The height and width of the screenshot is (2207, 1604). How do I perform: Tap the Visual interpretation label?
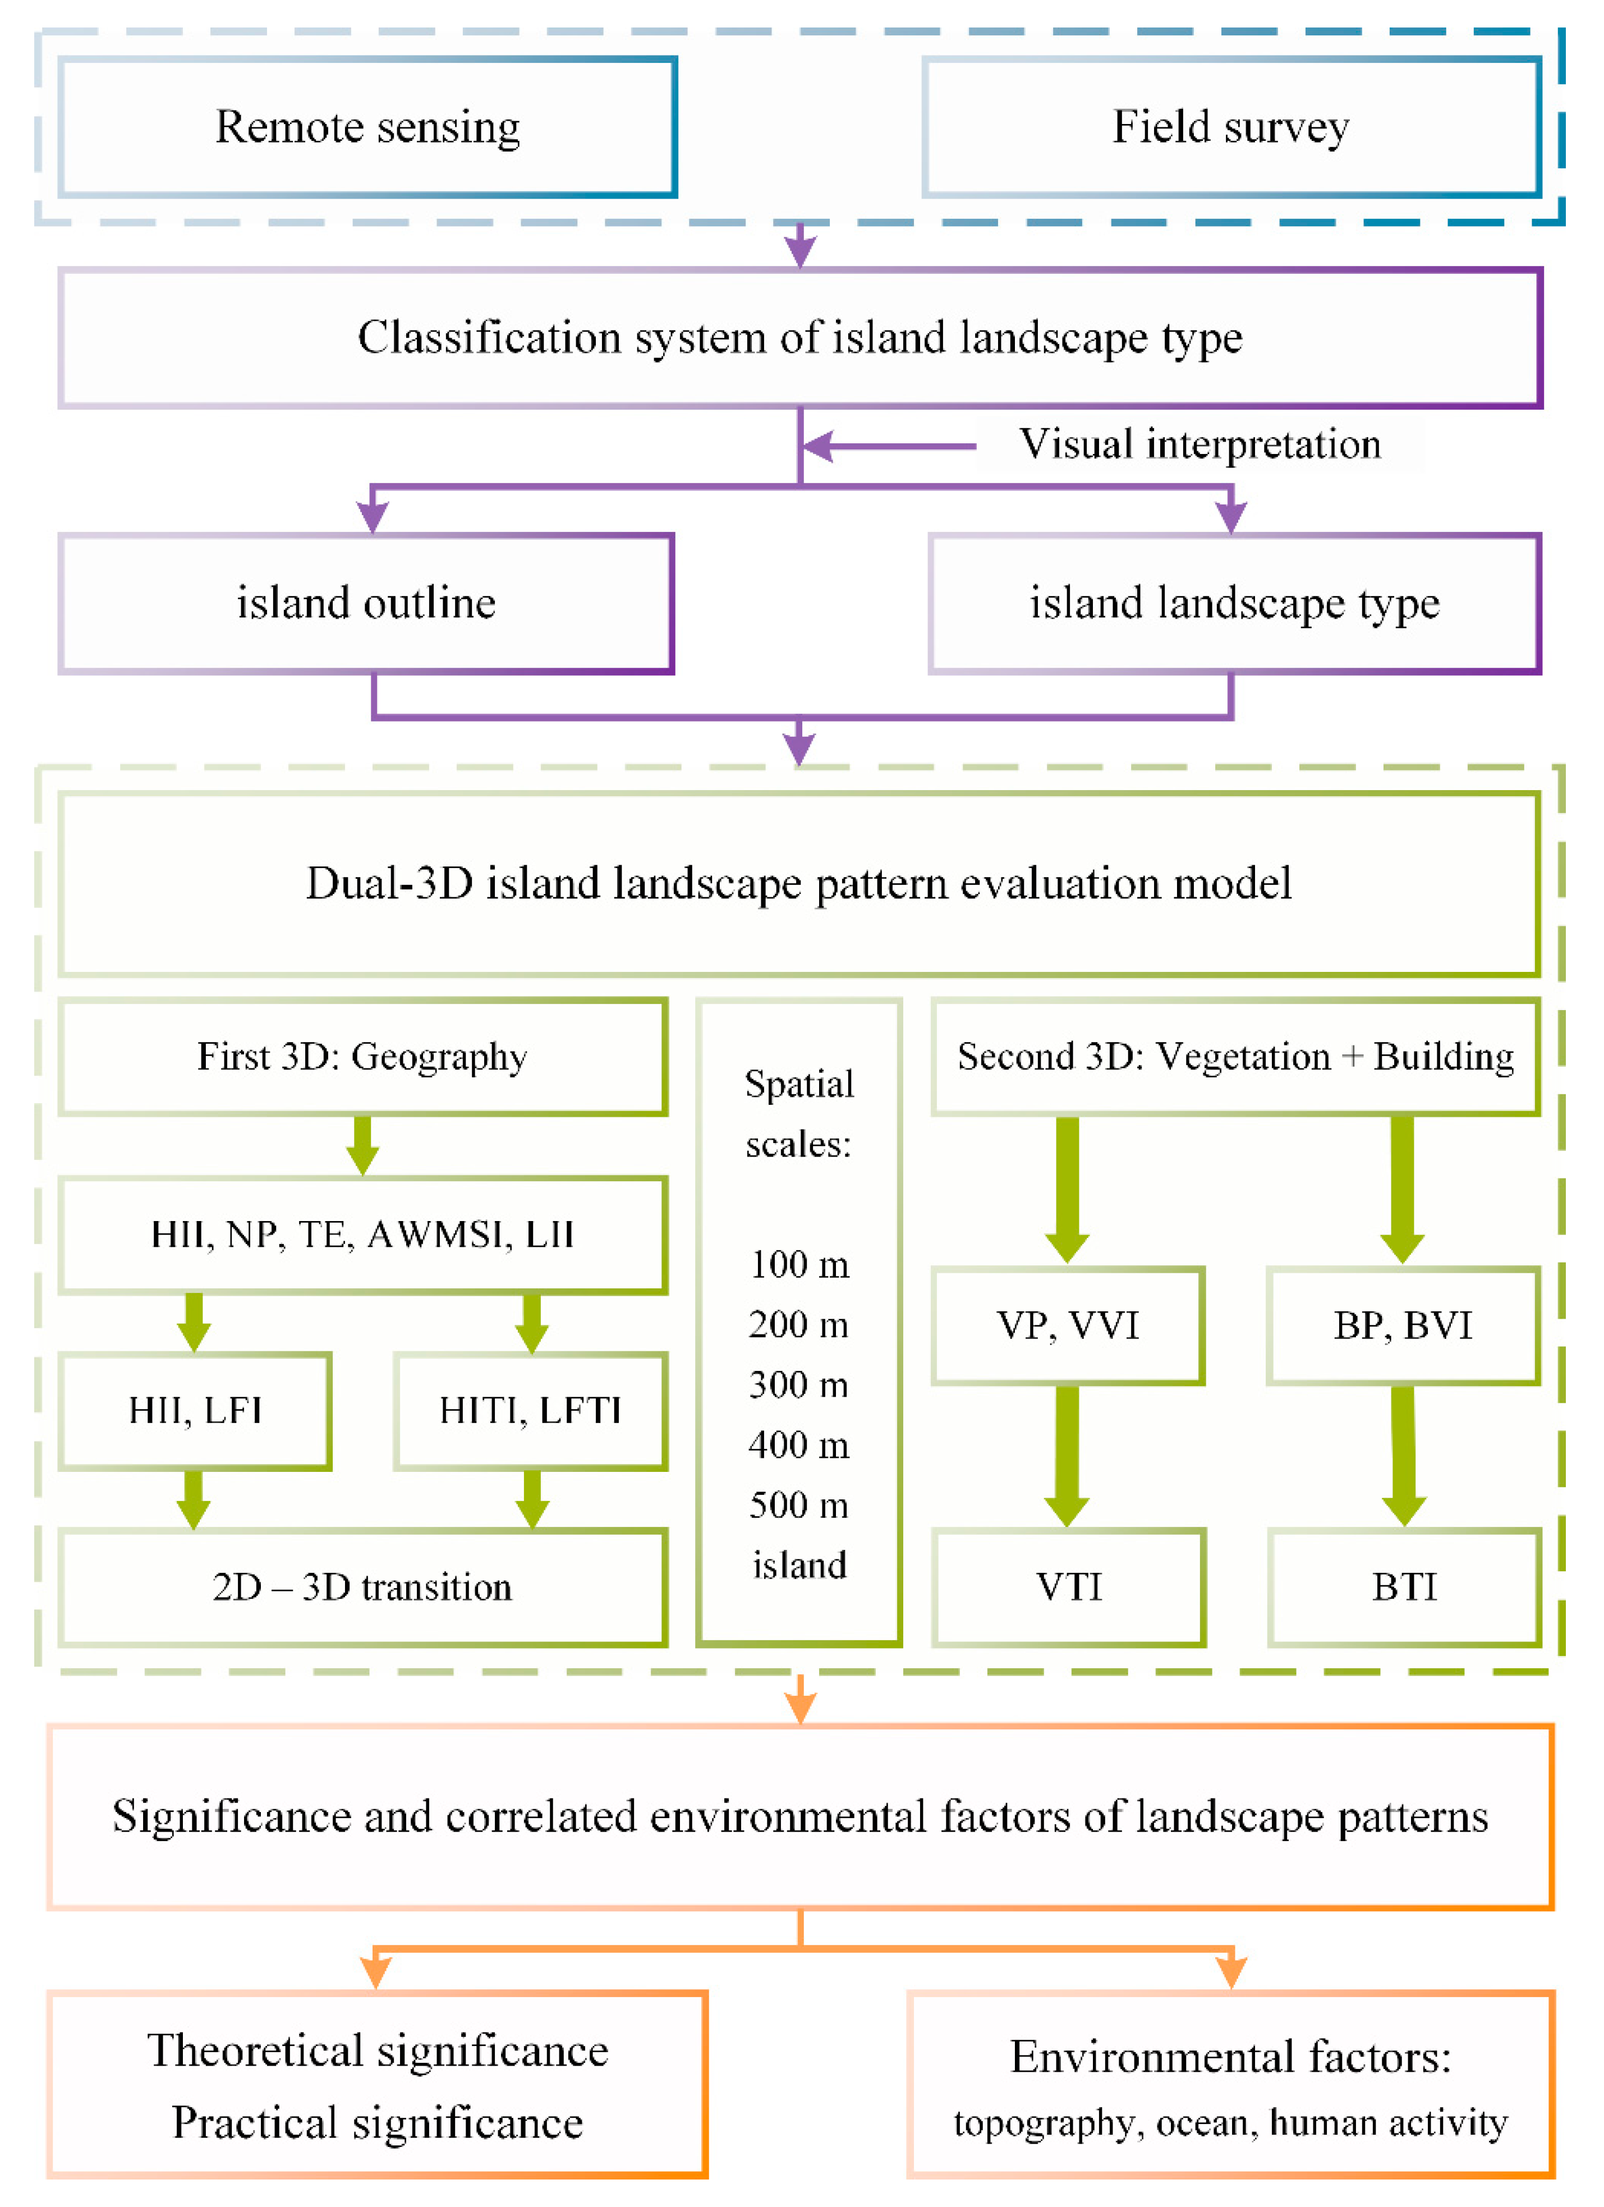[1199, 444]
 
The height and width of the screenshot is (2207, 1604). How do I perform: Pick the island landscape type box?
[1234, 603]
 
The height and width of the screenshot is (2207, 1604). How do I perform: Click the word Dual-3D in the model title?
[389, 884]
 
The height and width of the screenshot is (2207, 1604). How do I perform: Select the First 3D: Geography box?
[363, 1057]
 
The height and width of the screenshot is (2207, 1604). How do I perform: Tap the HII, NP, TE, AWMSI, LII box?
[363, 1235]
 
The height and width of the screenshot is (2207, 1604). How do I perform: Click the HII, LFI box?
[195, 1411]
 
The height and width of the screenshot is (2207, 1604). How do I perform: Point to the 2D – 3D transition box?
[363, 1587]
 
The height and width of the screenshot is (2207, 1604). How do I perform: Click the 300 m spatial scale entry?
[798, 1385]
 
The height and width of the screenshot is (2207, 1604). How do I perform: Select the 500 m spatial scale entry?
[798, 1506]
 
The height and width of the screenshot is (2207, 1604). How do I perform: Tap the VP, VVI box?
[1068, 1325]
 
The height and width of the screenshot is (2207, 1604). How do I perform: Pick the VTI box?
[1069, 1587]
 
